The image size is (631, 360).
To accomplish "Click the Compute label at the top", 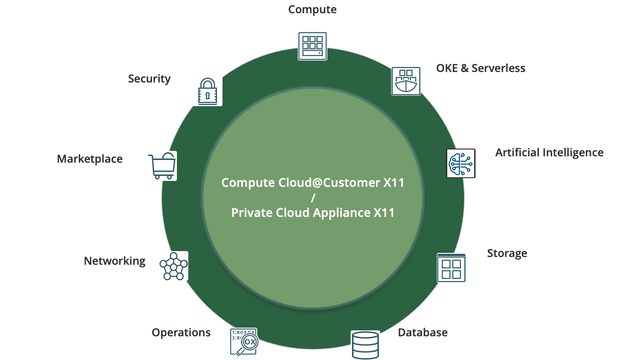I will [312, 9].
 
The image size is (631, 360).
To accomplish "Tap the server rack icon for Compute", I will [312, 46].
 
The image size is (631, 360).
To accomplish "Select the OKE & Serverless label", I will [481, 68].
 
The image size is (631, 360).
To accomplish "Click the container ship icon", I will [406, 81].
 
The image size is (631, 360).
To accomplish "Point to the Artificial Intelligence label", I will [549, 152].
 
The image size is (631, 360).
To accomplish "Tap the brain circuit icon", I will [460, 163].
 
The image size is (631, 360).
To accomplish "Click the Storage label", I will [507, 253].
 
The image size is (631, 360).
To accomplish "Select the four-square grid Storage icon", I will [451, 268].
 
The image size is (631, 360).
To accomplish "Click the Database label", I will [423, 333].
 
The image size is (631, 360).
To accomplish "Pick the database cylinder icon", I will [365, 345].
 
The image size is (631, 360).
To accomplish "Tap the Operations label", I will [181, 333].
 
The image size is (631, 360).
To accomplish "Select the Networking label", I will [114, 261].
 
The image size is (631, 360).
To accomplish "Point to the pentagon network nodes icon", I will [173, 266].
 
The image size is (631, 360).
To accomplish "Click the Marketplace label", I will [90, 159].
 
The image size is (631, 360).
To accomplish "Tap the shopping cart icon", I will [162, 166].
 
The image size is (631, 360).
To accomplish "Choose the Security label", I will [149, 79].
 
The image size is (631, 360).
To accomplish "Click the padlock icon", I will [207, 91].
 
